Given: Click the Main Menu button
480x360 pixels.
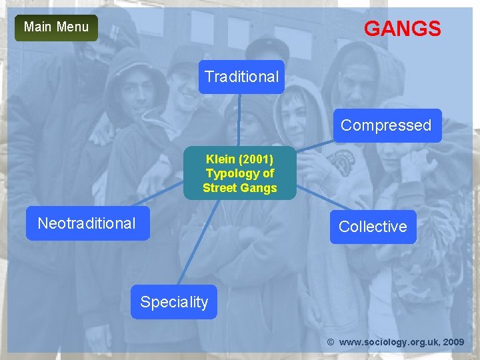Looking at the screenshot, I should [56, 27].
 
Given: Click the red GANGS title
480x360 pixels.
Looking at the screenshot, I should [402, 29].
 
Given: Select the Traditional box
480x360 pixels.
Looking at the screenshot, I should [241, 77].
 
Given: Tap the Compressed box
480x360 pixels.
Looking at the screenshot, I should [386, 125].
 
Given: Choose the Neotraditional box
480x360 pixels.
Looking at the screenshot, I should [87, 223].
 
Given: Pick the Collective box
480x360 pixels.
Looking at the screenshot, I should [373, 227].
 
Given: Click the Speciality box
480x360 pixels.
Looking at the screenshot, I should [174, 302].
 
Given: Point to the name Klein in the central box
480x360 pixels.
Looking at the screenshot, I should [221, 159].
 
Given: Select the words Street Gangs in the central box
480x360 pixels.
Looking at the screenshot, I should [240, 188].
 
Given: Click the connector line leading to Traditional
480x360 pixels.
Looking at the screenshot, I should [241, 120].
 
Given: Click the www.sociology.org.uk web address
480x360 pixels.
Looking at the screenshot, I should [387, 342].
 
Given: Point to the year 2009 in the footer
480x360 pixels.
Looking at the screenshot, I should [453, 342].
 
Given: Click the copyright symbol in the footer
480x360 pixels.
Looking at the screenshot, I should [331, 342].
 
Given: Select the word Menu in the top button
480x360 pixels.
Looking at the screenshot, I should [73, 27].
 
